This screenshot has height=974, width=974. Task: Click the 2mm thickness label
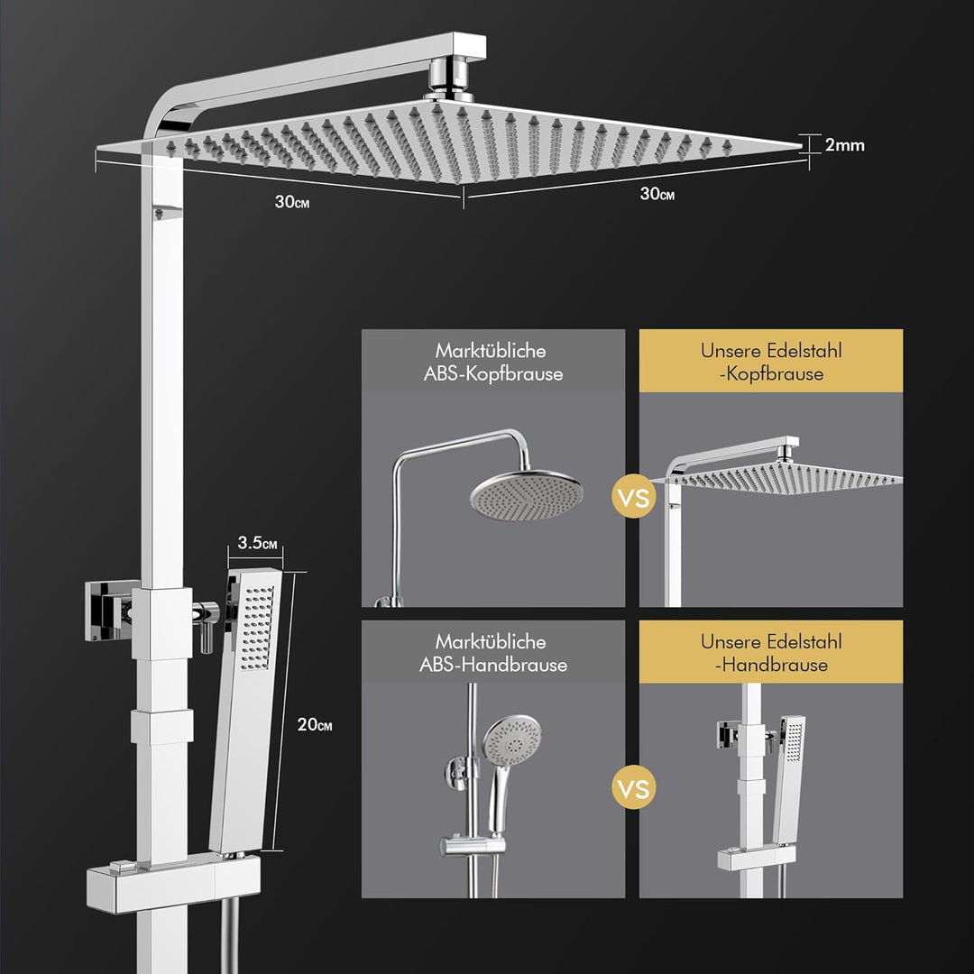(845, 145)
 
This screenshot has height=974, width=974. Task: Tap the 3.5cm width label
(257, 542)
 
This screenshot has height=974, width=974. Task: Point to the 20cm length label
(315, 724)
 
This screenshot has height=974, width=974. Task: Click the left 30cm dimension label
(292, 202)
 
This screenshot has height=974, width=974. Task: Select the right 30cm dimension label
(657, 194)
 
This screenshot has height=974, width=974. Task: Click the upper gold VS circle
(634, 497)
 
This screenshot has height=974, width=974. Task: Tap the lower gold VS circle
(634, 787)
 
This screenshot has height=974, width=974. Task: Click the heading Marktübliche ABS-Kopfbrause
(493, 363)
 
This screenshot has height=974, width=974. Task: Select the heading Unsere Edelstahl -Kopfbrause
(771, 363)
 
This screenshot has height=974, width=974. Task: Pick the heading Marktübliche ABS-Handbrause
(493, 653)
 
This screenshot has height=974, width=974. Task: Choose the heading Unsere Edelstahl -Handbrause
(771, 653)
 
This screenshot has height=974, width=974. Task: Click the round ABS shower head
(526, 494)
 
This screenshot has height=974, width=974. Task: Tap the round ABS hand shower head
(512, 740)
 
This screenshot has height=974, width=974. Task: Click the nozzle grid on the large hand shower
(257, 627)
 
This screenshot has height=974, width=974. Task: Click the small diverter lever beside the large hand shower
(207, 625)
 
